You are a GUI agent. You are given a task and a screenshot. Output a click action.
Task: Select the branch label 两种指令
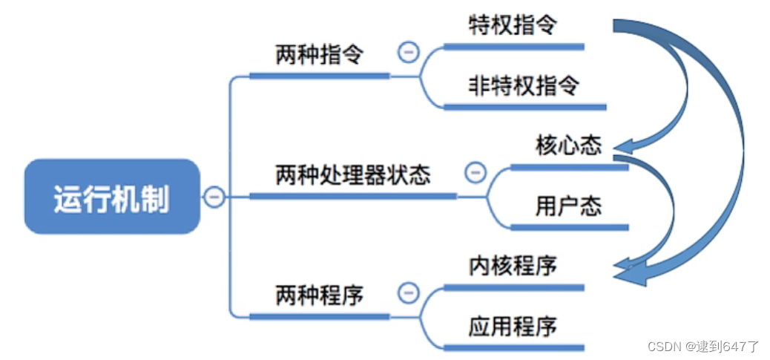[x=319, y=56]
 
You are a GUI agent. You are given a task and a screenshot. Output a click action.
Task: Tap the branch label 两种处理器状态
[x=352, y=175]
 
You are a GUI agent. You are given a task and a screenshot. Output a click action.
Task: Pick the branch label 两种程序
[x=319, y=295]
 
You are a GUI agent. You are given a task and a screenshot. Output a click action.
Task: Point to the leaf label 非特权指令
[x=524, y=86]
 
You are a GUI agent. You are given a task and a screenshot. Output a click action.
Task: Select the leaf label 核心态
[x=569, y=146]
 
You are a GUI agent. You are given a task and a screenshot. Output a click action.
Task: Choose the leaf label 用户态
[x=569, y=206]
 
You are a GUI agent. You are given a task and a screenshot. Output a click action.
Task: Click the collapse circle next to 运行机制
[x=214, y=197]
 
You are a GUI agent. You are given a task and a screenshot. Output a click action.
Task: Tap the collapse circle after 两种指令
[x=409, y=52]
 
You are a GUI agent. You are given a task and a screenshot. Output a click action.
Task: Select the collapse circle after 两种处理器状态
[x=476, y=173]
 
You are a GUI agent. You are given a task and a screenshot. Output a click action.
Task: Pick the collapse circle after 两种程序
[x=409, y=293]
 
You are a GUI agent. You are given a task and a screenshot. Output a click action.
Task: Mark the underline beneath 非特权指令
[x=525, y=107]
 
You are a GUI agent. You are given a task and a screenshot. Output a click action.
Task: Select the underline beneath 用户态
[x=570, y=227]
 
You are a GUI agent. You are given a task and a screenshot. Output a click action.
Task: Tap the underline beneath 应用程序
[x=513, y=347]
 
